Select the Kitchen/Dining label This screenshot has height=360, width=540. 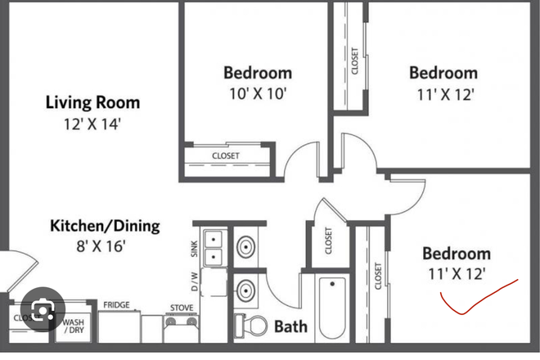(105, 226)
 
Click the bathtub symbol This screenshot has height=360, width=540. (332, 308)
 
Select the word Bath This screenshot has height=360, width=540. (290, 327)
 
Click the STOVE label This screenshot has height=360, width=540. (181, 308)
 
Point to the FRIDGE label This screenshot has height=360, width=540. (116, 305)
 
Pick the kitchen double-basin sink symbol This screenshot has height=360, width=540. (214, 248)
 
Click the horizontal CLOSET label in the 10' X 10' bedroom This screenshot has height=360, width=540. (226, 155)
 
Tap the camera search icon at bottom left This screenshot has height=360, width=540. (38, 311)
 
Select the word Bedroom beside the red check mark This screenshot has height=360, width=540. (456, 254)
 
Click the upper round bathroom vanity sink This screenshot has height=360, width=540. (246, 247)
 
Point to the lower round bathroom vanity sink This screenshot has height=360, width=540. (246, 289)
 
